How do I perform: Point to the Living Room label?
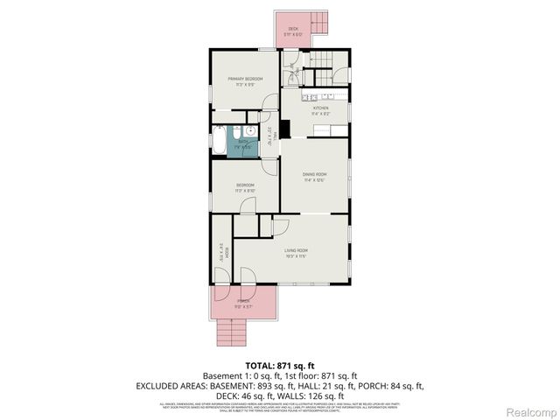[x=296, y=251]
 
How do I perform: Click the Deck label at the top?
[x=293, y=29]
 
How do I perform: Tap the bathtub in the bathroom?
[x=219, y=140]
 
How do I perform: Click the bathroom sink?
[x=248, y=129]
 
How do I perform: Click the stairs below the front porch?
[x=230, y=333]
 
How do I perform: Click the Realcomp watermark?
[x=528, y=411]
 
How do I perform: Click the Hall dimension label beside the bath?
[x=269, y=136]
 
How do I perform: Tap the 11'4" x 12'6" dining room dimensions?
[x=314, y=180]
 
